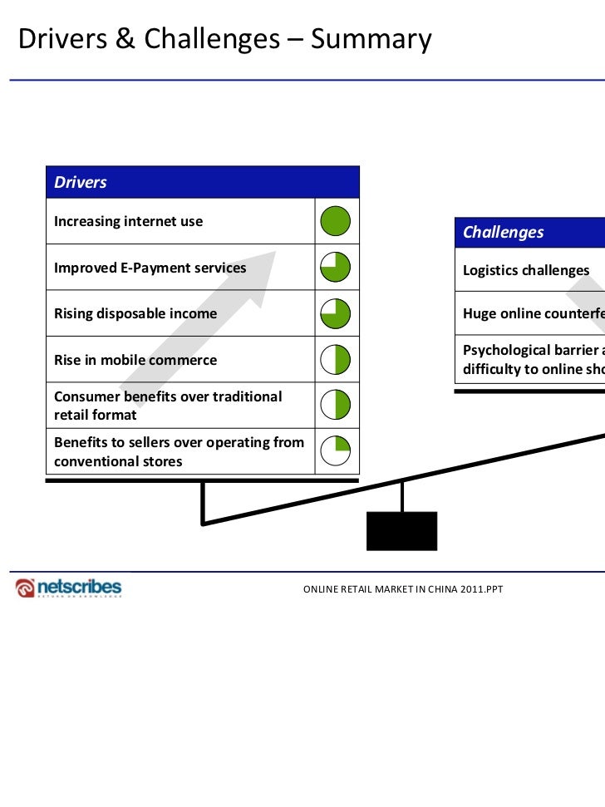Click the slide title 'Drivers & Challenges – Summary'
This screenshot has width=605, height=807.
tap(225, 39)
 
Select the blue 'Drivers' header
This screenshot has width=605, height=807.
tap(81, 182)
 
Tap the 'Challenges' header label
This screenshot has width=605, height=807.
tap(503, 232)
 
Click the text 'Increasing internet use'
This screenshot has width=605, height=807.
tap(128, 221)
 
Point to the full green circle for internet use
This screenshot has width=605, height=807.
tap(336, 221)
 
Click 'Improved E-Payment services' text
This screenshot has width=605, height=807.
tap(150, 268)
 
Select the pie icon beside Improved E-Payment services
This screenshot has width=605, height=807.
tap(336, 267)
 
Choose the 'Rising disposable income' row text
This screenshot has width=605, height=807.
tap(135, 313)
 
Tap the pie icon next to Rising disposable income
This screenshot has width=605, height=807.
tap(336, 313)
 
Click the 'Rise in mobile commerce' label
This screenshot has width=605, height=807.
tap(135, 360)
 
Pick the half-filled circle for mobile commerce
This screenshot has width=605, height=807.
tap(336, 359)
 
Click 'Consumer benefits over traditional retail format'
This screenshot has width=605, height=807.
tap(167, 405)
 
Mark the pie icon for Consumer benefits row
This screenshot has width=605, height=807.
tap(336, 405)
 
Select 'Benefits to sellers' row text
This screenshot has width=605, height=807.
tap(179, 451)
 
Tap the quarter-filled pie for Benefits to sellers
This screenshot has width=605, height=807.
tap(336, 450)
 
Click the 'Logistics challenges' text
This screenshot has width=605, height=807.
tap(525, 270)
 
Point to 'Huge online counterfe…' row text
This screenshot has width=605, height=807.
tap(533, 313)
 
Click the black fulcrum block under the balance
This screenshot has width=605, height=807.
tap(401, 530)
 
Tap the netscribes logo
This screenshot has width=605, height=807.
tap(69, 588)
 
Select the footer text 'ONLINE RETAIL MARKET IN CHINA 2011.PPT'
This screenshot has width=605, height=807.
tap(402, 589)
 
